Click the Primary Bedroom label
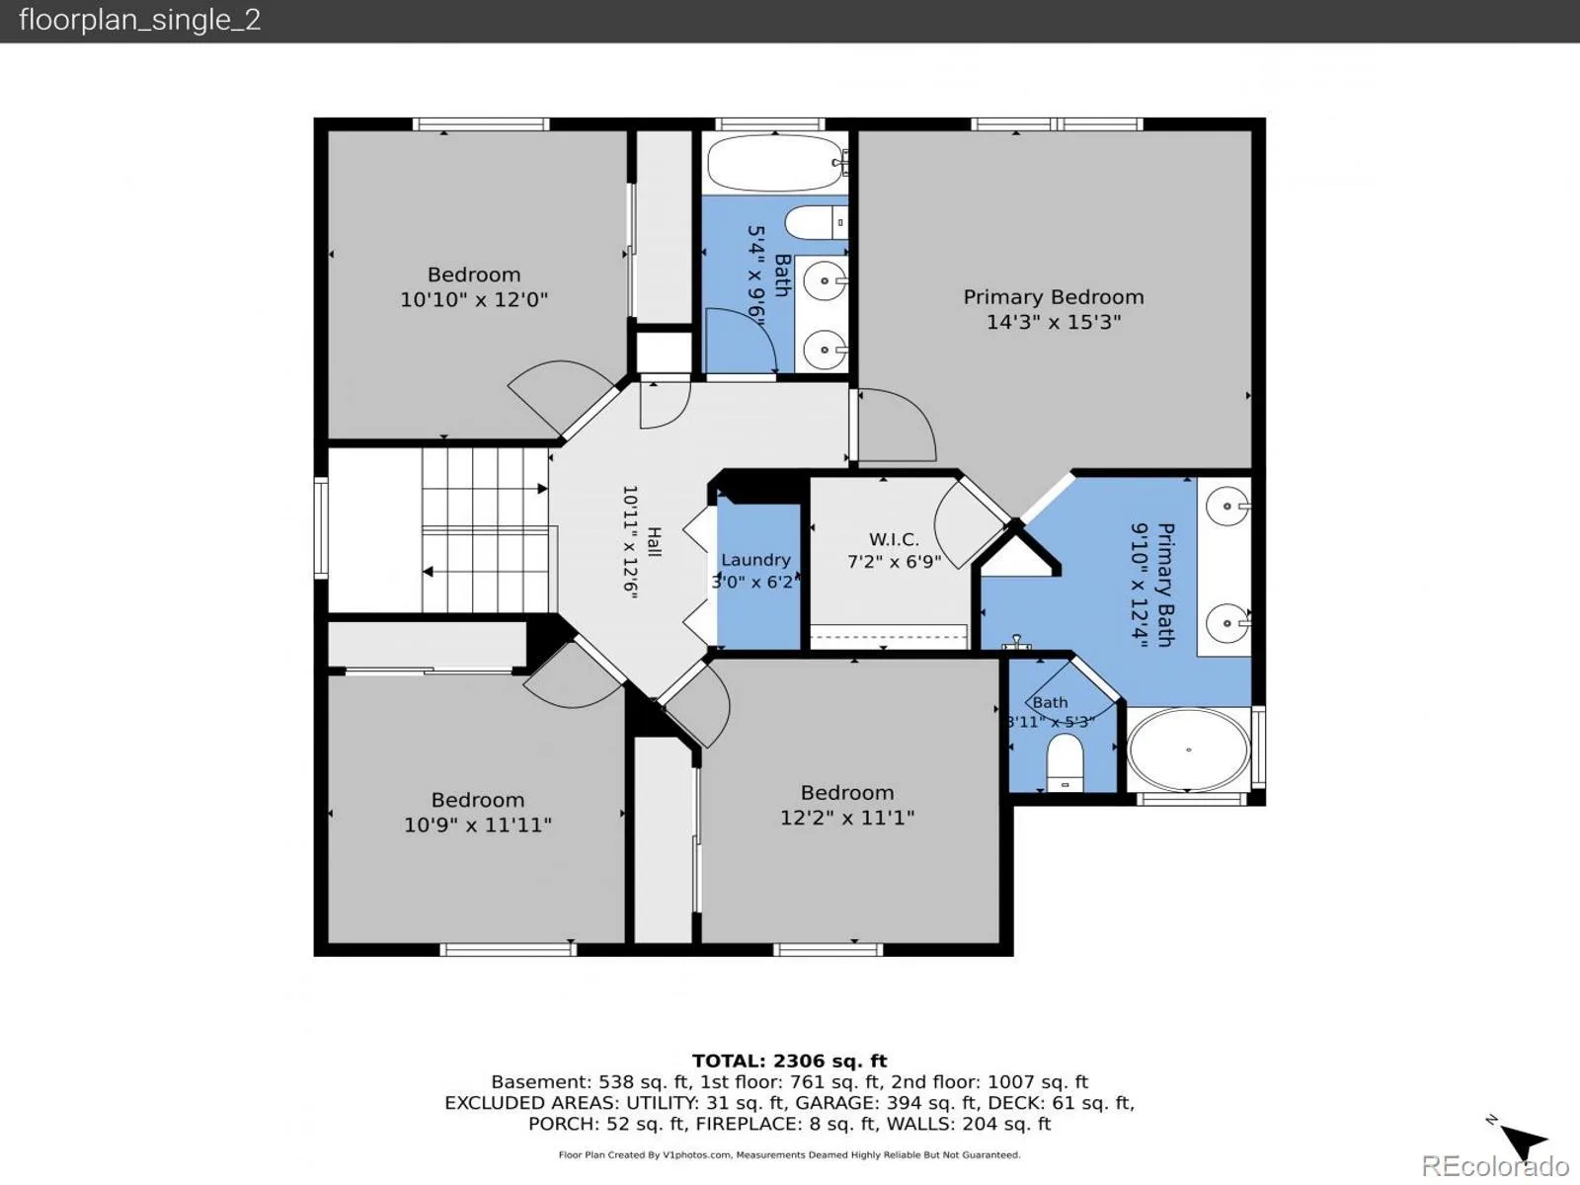pos(1053,297)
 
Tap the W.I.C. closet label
pos(894,539)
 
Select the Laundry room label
pos(755,560)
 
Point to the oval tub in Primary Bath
pos(1188,750)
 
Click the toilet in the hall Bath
pos(817,222)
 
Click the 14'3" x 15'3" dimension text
pos(1053,322)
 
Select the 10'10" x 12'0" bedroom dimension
pos(474,299)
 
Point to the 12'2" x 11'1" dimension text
pos(847,818)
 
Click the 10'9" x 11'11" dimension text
pos(477,825)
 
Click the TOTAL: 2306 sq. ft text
pos(790,1061)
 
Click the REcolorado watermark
pos(1495,1165)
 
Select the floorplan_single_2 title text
pos(139,20)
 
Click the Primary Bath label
pos(1165,585)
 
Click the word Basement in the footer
pos(539,1082)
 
